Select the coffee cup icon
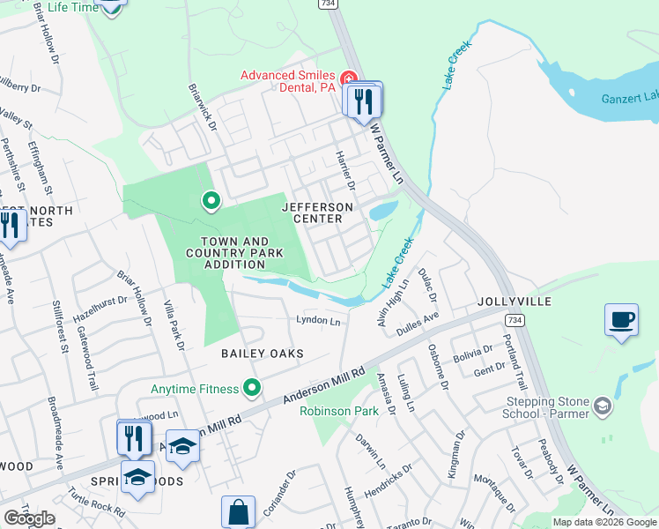tap(621, 318)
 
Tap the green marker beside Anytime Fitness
tap(253, 388)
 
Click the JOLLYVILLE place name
tap(515, 302)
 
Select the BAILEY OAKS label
tap(262, 354)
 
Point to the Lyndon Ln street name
tap(318, 322)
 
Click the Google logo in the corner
tap(29, 518)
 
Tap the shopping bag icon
tap(238, 511)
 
